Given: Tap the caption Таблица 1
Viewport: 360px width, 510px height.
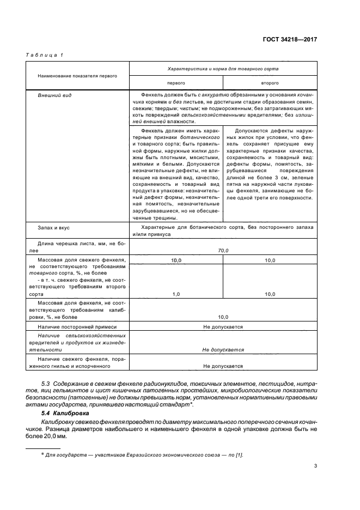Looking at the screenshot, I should (x=45, y=55).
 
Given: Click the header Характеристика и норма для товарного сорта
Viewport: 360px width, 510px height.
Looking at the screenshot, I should (x=223, y=69).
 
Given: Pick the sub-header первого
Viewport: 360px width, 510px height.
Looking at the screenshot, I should (x=175, y=83).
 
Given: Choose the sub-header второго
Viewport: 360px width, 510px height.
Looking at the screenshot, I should (x=270, y=83).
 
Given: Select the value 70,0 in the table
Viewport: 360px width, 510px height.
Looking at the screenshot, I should (x=223, y=250).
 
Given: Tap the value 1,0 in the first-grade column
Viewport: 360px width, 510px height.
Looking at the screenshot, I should (x=176, y=294).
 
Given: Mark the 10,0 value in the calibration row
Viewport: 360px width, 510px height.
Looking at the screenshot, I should (x=223, y=317).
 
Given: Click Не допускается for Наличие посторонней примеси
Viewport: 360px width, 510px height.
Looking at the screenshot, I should (x=223, y=327).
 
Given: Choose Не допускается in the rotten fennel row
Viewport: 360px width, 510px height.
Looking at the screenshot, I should (x=223, y=366).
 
